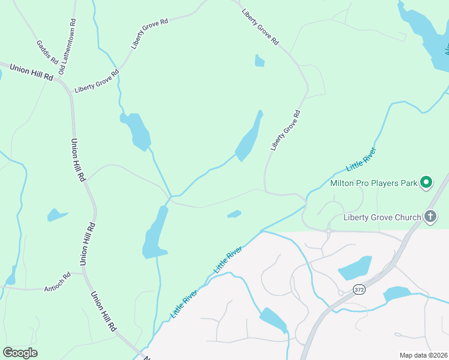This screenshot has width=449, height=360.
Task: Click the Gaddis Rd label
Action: coord(47,52)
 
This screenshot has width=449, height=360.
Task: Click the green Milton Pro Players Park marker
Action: coord(426,182)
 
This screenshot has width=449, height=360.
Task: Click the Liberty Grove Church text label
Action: coord(382,217)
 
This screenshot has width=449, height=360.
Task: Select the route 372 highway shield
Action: coord(359,289)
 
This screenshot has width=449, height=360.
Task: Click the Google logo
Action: coord(20,352)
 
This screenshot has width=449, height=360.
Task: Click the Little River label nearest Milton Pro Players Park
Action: coord(361,159)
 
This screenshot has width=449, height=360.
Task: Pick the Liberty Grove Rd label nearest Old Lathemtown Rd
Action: coord(97,81)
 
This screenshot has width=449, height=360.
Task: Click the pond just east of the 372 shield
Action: coord(396,294)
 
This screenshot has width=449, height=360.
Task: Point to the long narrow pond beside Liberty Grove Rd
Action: coord(249,139)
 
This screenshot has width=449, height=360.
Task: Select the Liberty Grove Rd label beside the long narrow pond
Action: coord(285,130)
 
